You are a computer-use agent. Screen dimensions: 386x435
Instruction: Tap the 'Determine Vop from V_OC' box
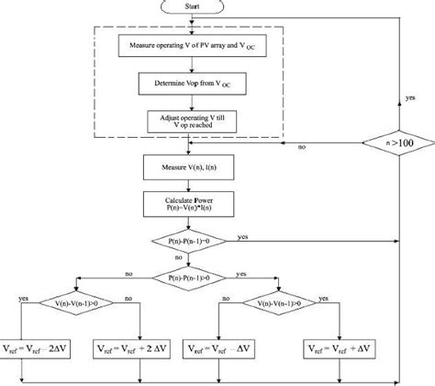[187, 84]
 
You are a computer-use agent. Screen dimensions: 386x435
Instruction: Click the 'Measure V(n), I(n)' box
[187, 167]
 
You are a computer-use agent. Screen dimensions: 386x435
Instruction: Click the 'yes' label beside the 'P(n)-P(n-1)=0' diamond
[242, 236]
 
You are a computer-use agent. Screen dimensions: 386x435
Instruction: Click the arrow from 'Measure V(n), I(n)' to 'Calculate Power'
[187, 185]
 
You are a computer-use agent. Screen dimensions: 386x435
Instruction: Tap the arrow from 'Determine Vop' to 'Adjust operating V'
[187, 102]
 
